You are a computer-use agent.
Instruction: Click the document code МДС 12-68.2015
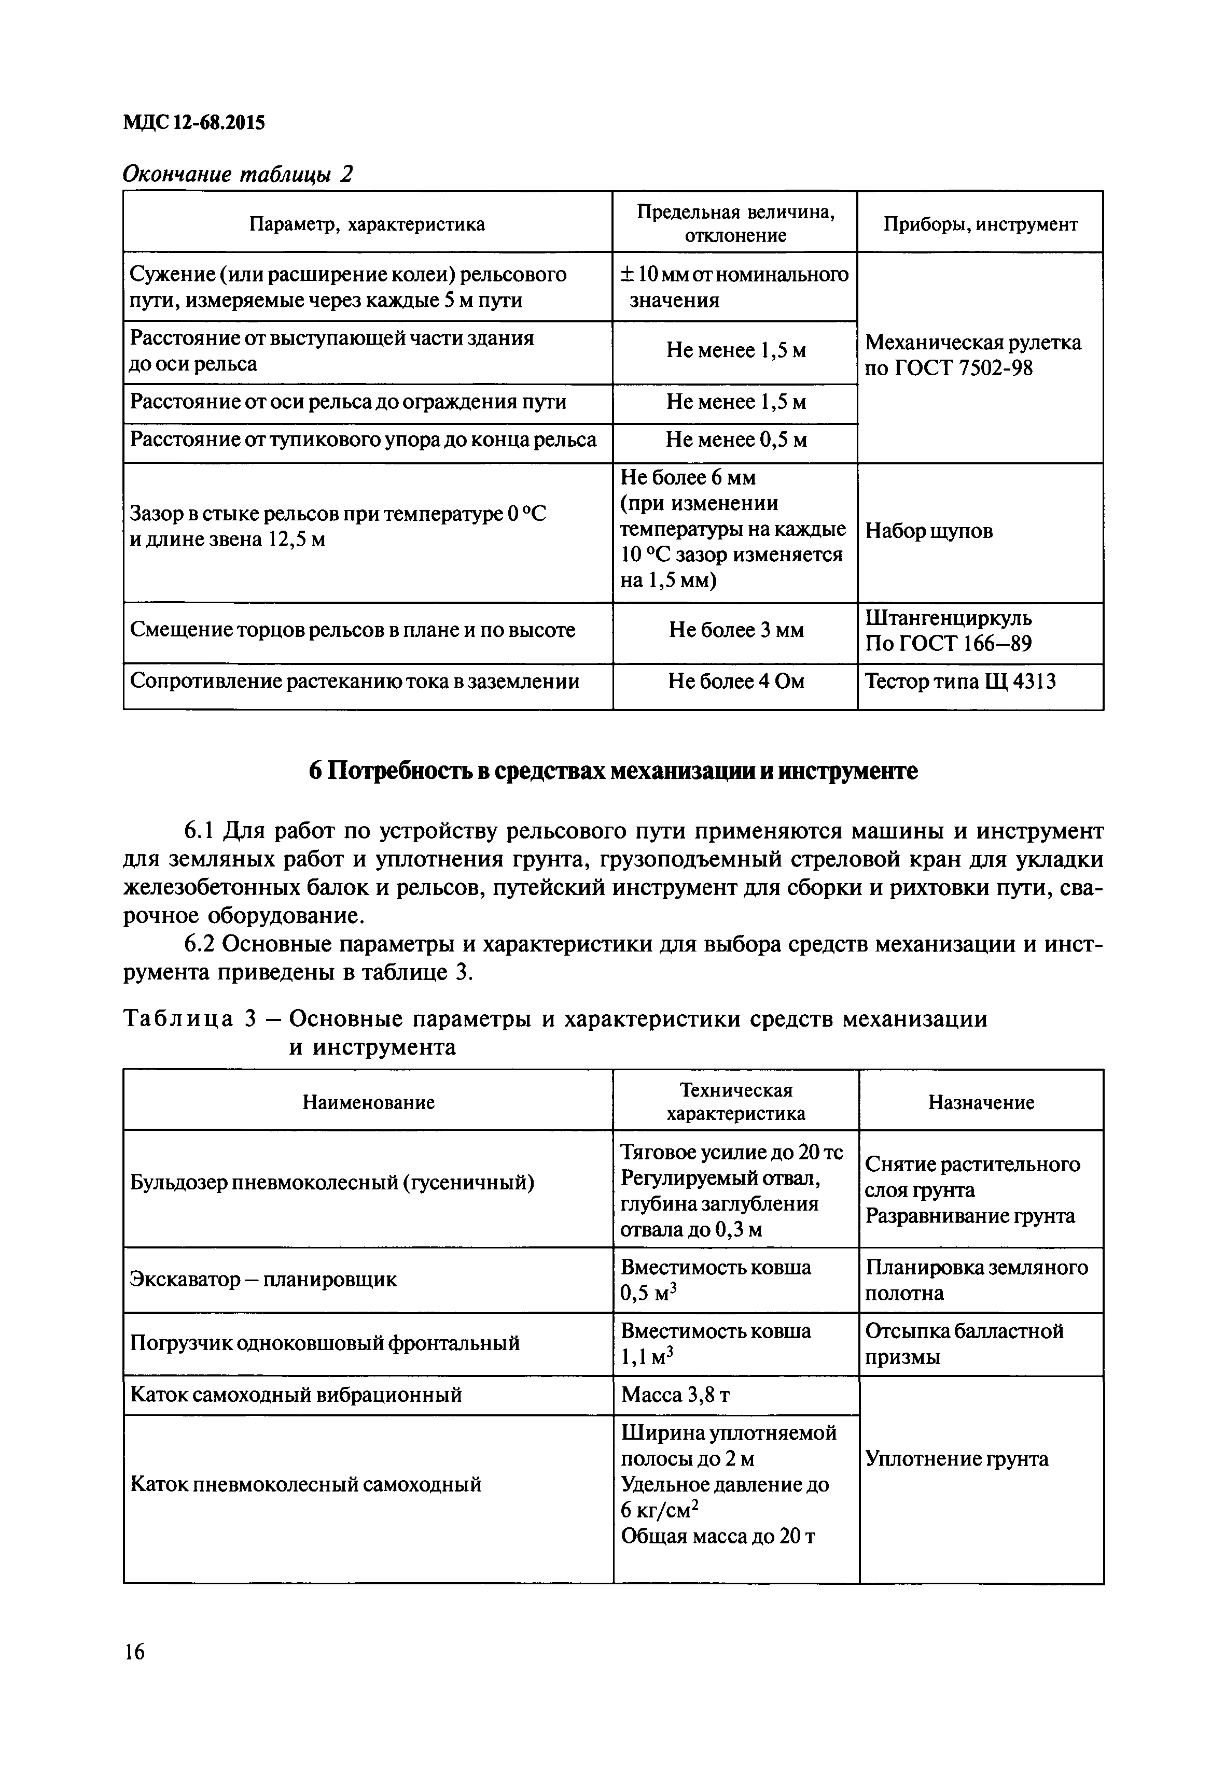pos(193,122)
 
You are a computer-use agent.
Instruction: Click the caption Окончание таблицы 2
pos(238,174)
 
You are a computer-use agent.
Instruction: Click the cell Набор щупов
pos(929,531)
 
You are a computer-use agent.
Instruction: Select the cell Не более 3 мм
pos(735,631)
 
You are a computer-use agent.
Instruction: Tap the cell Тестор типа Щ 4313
pos(960,681)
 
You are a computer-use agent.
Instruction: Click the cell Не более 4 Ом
pos(735,681)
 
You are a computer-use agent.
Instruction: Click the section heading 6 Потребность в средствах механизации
pos(612,771)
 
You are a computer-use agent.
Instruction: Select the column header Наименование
pos(368,1102)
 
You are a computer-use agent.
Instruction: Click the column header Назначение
pos(981,1102)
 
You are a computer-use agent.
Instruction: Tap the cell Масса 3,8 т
pos(675,1395)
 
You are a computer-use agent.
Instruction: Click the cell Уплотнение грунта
pos(956,1458)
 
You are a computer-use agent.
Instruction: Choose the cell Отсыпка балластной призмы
pos(964,1344)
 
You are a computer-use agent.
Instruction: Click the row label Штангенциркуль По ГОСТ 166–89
pos(949,631)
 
